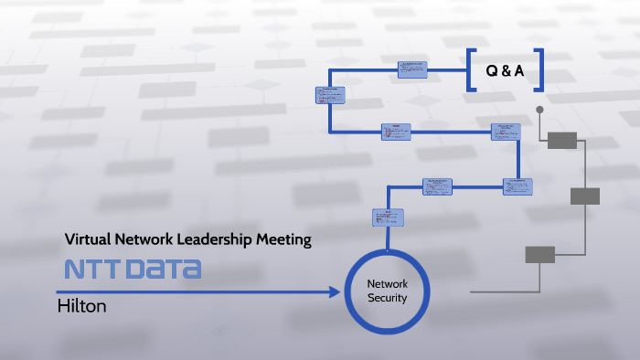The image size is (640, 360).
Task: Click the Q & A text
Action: pyautogui.click(x=506, y=70)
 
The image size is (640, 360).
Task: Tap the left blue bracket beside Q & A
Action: pyautogui.click(x=471, y=70)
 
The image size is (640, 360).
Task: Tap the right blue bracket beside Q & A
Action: pyautogui.click(x=539, y=70)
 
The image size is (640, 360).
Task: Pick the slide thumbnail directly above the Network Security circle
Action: pyautogui.click(x=383, y=217)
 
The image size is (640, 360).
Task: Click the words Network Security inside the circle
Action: pyautogui.click(x=387, y=291)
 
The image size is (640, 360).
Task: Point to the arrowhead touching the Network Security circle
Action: pyautogui.click(x=335, y=292)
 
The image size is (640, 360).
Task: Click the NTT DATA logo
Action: pyautogui.click(x=133, y=270)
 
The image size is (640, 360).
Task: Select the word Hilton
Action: pyautogui.click(x=82, y=306)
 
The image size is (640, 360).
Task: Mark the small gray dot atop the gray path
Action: pyautogui.click(x=539, y=111)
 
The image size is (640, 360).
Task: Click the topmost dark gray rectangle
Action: pyautogui.click(x=562, y=140)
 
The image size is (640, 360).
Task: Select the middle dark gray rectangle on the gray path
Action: pyautogui.click(x=585, y=196)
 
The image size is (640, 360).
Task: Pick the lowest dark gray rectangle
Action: pyautogui.click(x=539, y=255)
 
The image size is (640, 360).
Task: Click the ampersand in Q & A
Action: pyautogui.click(x=506, y=70)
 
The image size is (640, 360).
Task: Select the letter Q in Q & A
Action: pyautogui.click(x=490, y=70)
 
